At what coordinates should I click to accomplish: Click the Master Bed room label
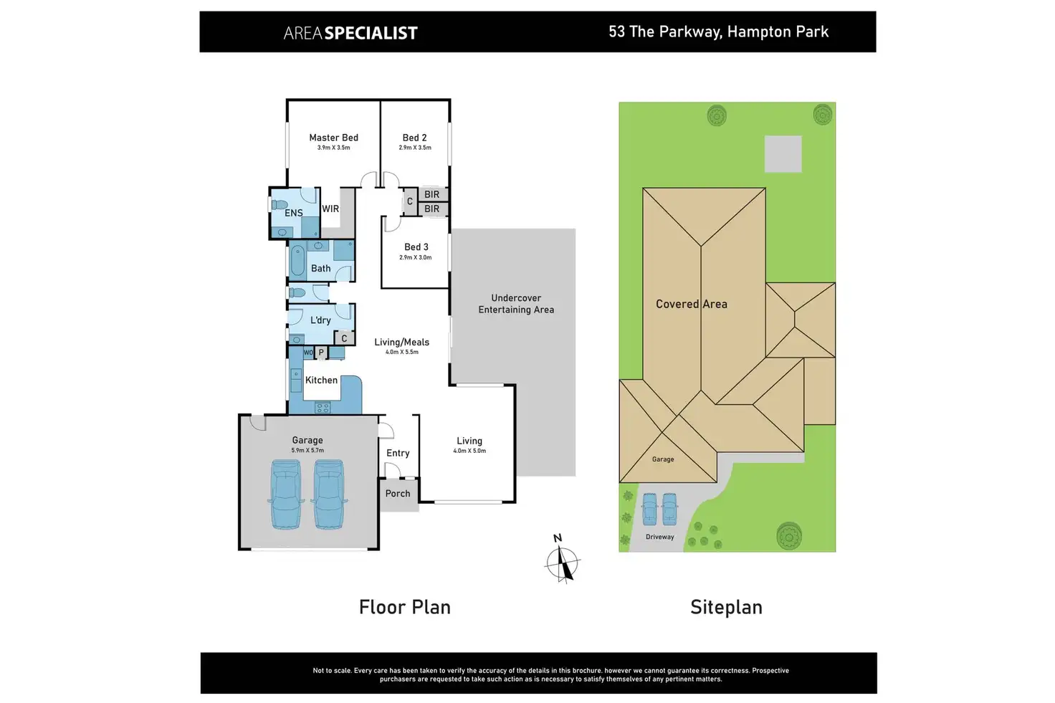333,138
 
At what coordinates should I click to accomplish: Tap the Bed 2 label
414,138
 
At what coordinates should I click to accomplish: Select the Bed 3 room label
416,247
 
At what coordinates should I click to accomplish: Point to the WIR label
330,209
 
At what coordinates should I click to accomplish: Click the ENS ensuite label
293,213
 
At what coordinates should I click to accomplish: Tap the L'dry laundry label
320,320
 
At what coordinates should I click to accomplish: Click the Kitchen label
321,381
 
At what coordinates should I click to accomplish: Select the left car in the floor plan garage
286,494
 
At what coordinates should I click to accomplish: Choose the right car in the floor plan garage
330,494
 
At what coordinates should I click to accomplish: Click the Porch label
398,494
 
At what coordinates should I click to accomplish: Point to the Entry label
398,453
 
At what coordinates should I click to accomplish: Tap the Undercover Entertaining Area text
516,304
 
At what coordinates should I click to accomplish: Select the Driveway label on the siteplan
659,537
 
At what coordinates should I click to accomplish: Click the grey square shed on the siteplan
783,154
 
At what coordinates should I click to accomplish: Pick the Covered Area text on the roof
691,304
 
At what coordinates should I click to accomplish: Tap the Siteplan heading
726,608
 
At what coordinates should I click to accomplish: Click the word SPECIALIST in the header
371,33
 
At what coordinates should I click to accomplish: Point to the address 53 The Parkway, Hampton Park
718,32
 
